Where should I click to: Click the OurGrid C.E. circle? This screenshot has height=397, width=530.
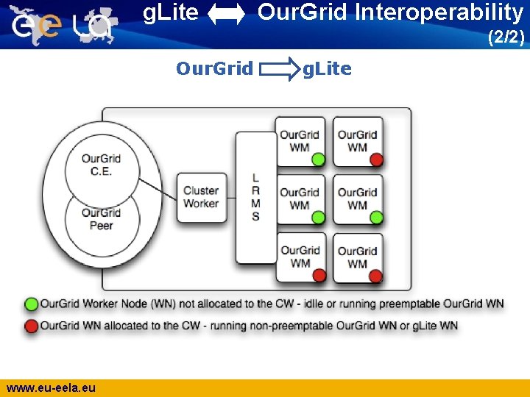pyautogui.click(x=102, y=165)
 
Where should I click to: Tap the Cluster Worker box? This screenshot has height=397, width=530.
pyautogui.click(x=201, y=197)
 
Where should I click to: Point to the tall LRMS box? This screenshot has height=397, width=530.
pyautogui.click(x=255, y=197)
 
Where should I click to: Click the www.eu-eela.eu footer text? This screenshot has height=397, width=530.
pyautogui.click(x=51, y=387)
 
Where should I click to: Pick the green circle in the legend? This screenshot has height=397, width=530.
pyautogui.click(x=32, y=304)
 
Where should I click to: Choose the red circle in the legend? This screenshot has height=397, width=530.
pyautogui.click(x=32, y=326)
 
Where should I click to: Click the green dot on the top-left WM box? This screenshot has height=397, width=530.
pyautogui.click(x=318, y=160)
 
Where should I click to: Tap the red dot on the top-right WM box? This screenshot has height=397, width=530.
pyautogui.click(x=376, y=160)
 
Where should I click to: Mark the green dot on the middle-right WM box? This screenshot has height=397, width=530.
pyautogui.click(x=376, y=218)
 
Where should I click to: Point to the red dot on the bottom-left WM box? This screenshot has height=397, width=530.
pyautogui.click(x=318, y=276)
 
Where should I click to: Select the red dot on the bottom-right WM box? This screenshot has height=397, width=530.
pyautogui.click(x=376, y=276)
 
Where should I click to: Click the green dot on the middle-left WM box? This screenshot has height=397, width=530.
pyautogui.click(x=318, y=218)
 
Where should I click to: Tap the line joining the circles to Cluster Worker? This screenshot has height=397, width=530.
pyautogui.click(x=158, y=187)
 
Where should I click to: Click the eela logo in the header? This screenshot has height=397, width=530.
pyautogui.click(x=63, y=25)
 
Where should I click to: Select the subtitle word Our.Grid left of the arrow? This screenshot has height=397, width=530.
pyautogui.click(x=214, y=69)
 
